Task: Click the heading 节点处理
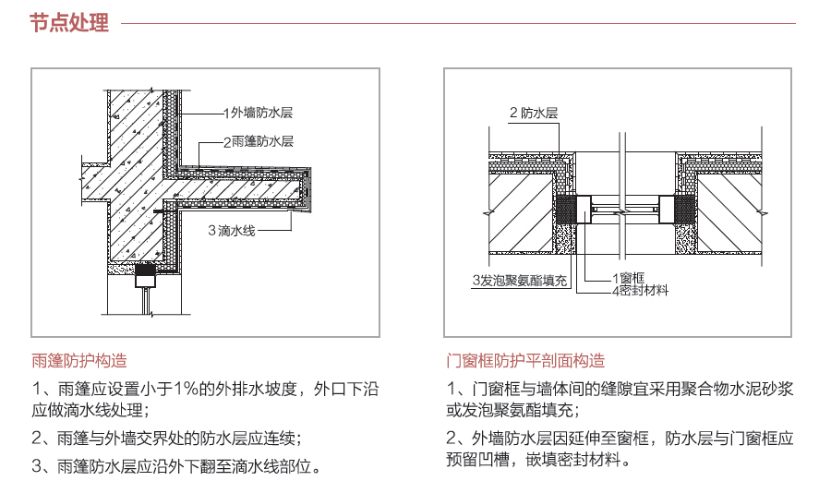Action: (x=69, y=23)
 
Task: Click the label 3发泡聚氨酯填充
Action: (x=520, y=280)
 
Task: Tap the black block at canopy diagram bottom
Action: (x=147, y=272)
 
